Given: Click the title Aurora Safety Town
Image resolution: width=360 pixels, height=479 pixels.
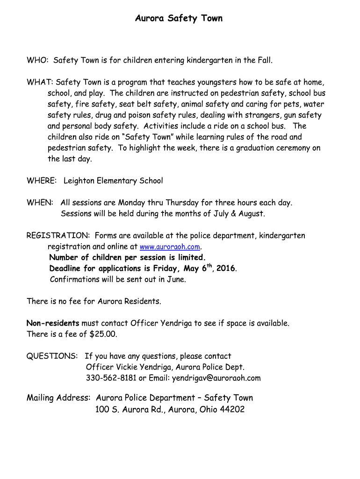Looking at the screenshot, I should coord(179,18).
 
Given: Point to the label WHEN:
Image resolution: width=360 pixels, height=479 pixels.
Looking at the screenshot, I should coord(40,203).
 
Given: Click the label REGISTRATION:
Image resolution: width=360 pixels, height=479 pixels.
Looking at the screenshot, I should coord(58,236).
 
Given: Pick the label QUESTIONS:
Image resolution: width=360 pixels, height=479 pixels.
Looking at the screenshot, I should coord(52,356).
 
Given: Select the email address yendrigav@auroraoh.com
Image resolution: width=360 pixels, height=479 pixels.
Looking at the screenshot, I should coord(216,378).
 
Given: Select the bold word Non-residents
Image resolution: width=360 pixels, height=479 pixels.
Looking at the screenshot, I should coord(53,323).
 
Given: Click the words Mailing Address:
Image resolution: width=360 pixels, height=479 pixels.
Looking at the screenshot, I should coord(58,398).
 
